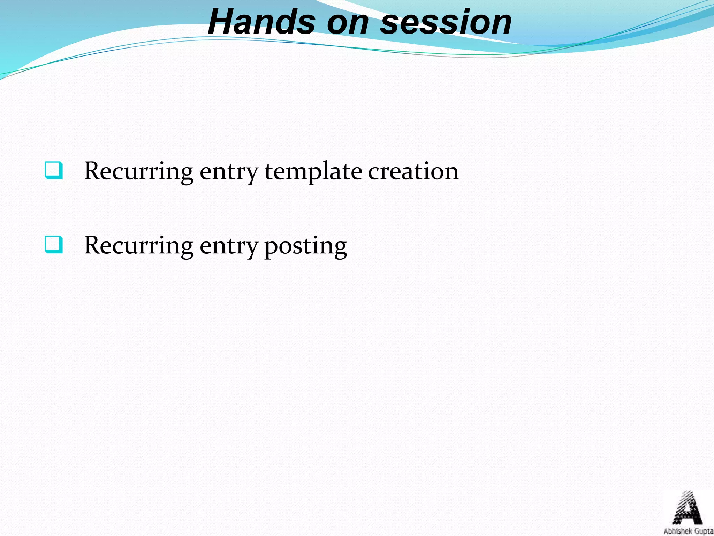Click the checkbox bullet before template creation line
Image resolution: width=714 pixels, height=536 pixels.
pos(54,170)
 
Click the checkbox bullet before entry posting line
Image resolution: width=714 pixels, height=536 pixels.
pos(54,245)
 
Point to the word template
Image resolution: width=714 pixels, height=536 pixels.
pos(313,172)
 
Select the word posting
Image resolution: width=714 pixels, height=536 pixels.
pos(305,246)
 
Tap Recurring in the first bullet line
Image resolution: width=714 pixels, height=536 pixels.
pos(139,172)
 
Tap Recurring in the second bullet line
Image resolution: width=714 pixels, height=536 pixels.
pos(139,246)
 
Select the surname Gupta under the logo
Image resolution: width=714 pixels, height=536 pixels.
pos(704,531)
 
